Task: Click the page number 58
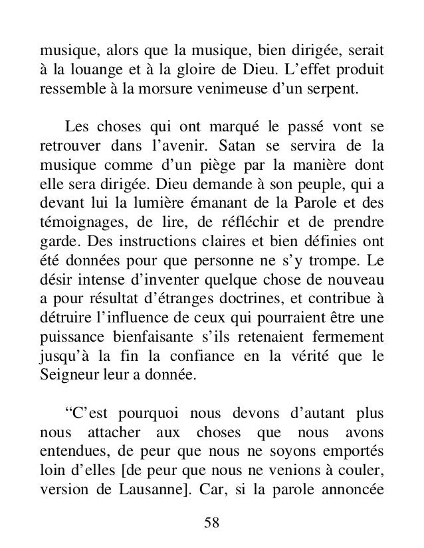[212, 523]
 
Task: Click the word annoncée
[354, 476]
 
